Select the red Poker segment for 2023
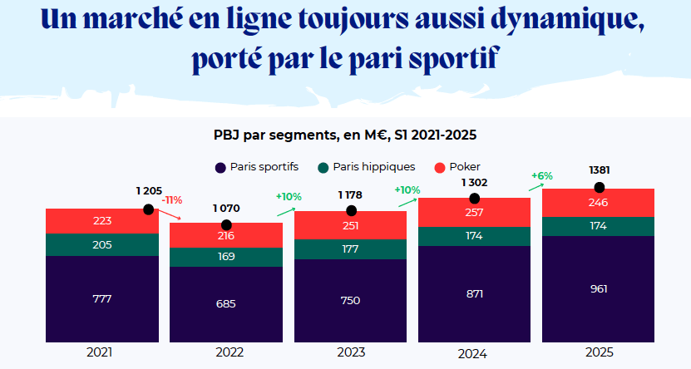point(350,225)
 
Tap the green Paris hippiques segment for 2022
point(225,257)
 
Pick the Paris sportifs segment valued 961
point(598,288)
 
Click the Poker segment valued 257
point(474,213)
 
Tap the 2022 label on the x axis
point(225,352)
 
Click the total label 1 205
point(150,191)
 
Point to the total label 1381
point(599,170)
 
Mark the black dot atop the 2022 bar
point(226,225)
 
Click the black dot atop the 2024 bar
point(474,199)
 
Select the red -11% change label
point(172,200)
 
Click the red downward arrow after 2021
point(169,214)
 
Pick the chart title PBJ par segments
point(344,134)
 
